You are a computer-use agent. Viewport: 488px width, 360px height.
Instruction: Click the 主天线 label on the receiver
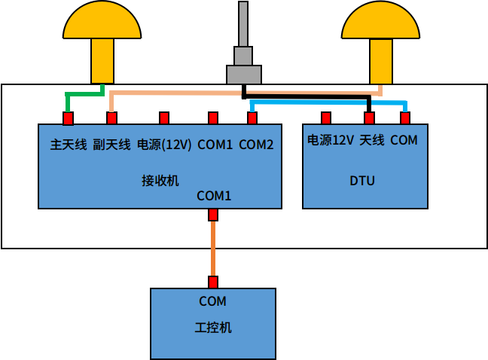[69, 145]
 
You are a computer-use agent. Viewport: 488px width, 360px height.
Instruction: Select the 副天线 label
[111, 145]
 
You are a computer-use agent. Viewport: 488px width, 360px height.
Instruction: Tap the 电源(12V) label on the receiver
[164, 145]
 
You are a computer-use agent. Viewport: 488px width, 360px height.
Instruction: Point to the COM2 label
[256, 145]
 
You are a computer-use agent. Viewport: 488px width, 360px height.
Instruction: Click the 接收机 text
[160, 181]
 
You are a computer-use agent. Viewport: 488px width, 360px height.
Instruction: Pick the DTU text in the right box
[362, 181]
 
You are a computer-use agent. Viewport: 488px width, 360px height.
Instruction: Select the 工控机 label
[213, 328]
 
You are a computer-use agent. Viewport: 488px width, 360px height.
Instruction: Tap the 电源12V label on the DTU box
[330, 140]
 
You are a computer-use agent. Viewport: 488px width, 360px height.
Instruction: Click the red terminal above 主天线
[68, 118]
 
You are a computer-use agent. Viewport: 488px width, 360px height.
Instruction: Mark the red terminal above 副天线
[111, 117]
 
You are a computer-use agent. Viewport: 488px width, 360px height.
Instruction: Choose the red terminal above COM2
[252, 117]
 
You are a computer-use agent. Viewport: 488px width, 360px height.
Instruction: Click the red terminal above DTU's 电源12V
[326, 117]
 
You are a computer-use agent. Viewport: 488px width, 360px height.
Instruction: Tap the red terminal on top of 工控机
[213, 282]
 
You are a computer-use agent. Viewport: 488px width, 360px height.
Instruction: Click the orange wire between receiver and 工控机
[213, 249]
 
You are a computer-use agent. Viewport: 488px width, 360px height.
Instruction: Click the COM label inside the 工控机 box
[212, 301]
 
